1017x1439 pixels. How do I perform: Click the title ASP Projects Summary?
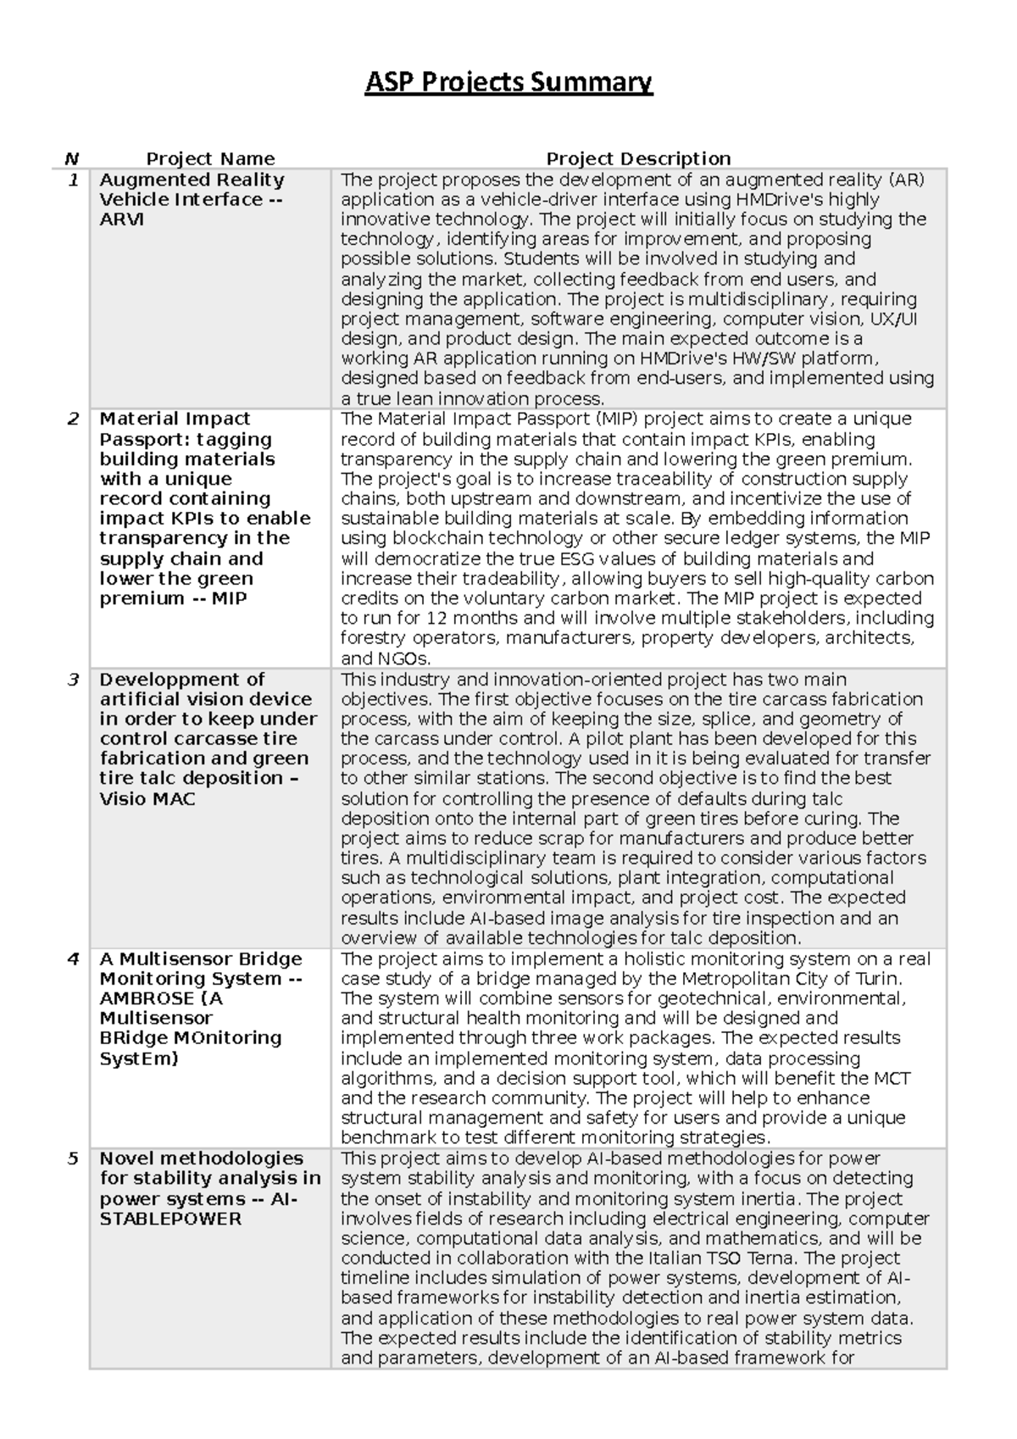pos(508,83)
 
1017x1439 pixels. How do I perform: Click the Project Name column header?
pos(210,158)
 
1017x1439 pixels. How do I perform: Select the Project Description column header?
pos(638,158)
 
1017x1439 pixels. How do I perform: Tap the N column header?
pos(71,158)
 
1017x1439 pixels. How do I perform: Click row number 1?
pos(74,180)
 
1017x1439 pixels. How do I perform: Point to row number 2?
pos(74,419)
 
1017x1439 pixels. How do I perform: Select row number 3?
pos(74,680)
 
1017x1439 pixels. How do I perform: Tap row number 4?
pos(74,958)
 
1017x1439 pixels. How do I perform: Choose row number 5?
pos(74,1158)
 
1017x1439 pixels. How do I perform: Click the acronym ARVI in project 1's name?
pos(122,219)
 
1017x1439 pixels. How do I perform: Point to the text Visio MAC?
pos(147,799)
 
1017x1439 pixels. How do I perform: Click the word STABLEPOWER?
pos(170,1219)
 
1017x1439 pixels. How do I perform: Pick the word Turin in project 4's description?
pos(877,979)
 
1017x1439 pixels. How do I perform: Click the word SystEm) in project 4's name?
pos(139,1058)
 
